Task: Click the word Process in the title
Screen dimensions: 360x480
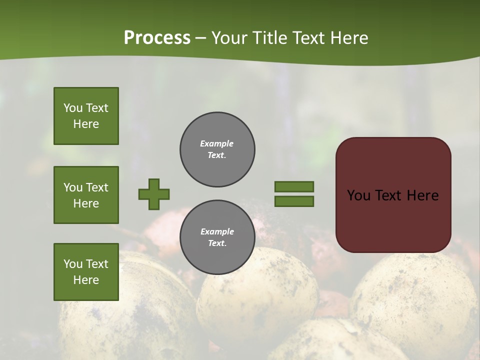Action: point(157,38)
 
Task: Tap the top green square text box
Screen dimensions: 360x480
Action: point(86,116)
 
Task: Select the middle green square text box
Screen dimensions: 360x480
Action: point(86,195)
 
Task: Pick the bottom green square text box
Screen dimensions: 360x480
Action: point(86,272)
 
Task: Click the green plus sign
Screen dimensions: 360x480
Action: point(154,194)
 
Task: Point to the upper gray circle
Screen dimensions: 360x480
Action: point(217,149)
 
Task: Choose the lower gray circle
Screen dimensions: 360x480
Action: point(217,237)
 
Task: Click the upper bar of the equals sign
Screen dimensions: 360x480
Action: point(294,186)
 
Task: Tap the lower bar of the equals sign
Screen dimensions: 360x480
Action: point(294,201)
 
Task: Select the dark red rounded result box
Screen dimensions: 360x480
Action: point(393,195)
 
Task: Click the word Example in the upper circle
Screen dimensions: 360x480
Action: point(217,143)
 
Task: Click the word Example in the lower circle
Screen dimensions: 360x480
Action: point(217,231)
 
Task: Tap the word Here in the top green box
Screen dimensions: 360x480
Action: point(86,124)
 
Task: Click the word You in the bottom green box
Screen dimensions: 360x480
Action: point(73,264)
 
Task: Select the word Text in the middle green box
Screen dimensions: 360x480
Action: point(96,187)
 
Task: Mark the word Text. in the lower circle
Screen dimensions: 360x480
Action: point(217,243)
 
